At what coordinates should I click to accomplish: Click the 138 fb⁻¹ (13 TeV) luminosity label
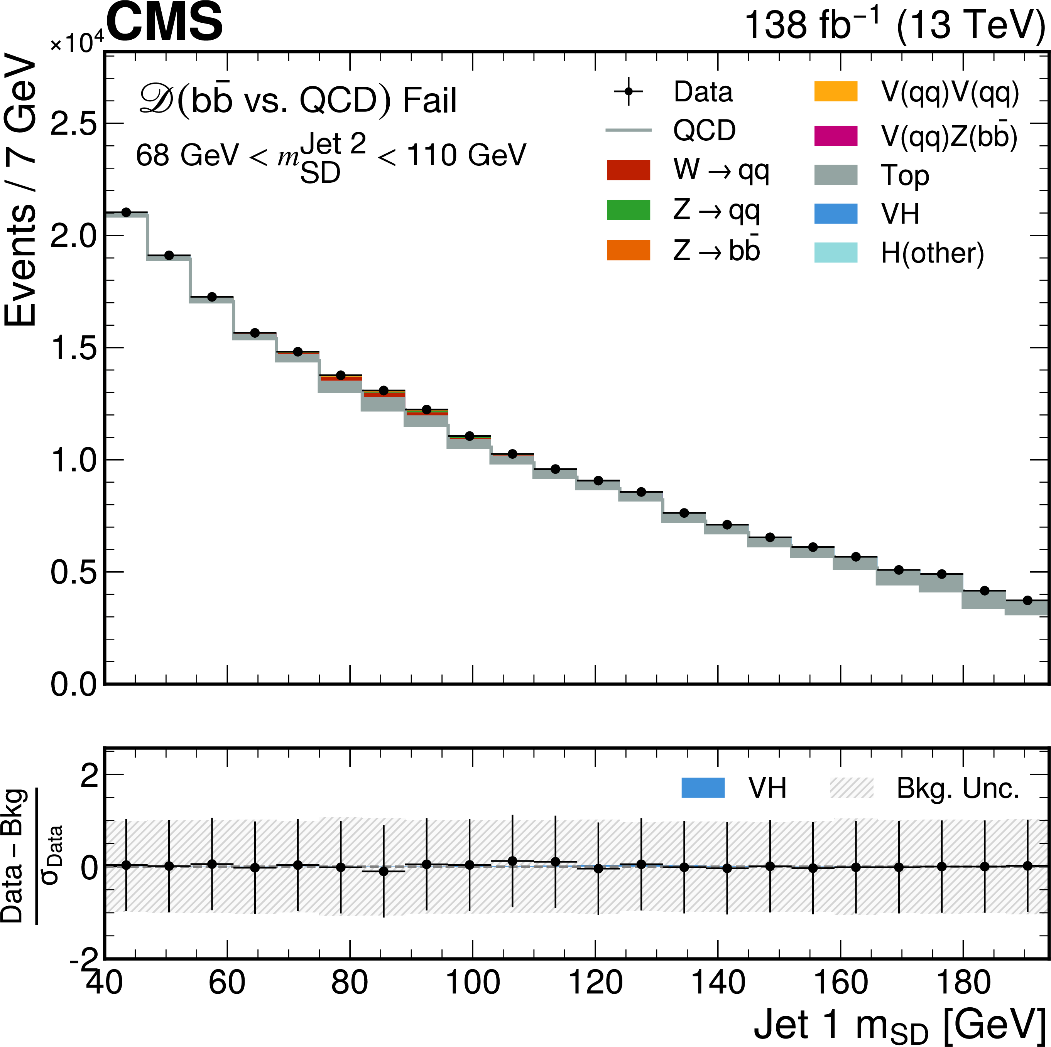coord(894,25)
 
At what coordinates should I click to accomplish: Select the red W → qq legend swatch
coord(628,170)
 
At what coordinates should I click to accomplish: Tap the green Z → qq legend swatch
coord(628,210)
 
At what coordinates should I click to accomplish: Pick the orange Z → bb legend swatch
coord(628,250)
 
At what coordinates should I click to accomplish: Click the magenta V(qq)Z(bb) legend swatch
coord(836,136)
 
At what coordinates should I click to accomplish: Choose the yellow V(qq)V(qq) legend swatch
coord(836,91)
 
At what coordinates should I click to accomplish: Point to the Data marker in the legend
coord(628,92)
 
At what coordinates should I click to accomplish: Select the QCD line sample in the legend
coord(628,130)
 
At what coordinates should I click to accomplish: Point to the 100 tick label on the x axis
coord(472,983)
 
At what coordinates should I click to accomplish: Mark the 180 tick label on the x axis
coord(963,983)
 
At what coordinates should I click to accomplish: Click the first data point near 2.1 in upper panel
coord(126,212)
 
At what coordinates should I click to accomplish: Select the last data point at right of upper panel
coord(1027,601)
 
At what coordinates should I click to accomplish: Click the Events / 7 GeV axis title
coord(21,190)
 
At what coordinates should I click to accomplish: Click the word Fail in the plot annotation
coord(430,101)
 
